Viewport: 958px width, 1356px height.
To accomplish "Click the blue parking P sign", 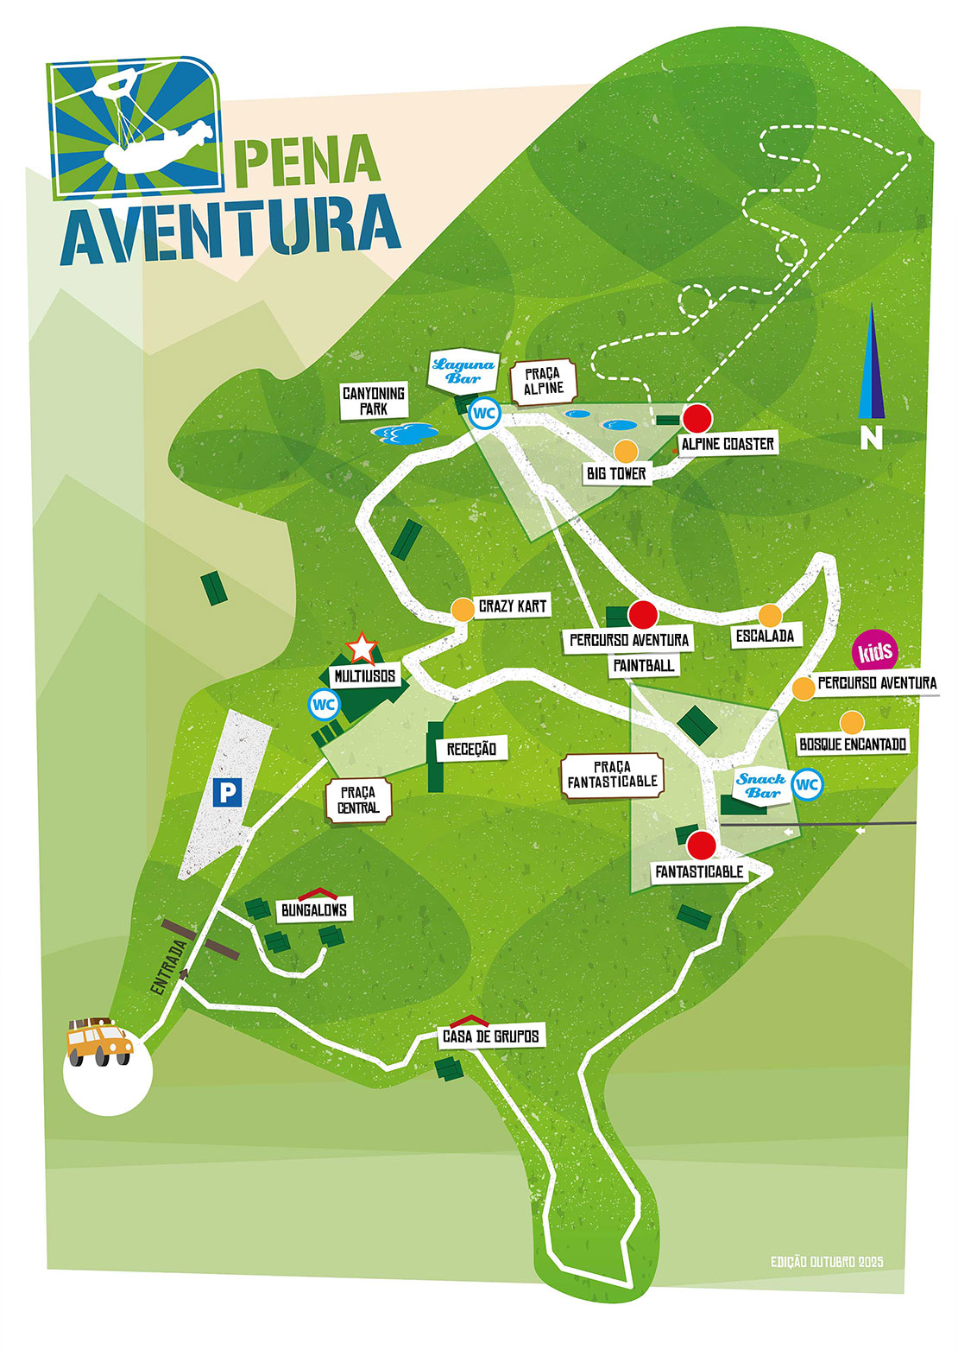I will [x=227, y=792].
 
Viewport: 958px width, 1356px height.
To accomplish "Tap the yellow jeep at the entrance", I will [x=98, y=1042].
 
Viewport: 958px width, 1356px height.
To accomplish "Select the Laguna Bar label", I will [x=463, y=371].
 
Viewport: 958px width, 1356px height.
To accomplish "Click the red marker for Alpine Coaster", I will [x=696, y=418].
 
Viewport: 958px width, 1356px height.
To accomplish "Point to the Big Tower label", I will [x=616, y=473].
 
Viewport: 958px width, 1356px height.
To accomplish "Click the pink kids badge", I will [x=874, y=651].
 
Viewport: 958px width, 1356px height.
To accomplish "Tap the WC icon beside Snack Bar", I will [x=806, y=784].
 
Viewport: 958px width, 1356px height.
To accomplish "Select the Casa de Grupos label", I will [x=490, y=1036].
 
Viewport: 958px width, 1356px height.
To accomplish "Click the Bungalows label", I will [x=314, y=909].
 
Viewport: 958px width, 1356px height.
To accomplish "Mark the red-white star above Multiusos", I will [x=362, y=647].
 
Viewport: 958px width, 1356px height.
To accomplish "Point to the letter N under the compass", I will [x=872, y=439].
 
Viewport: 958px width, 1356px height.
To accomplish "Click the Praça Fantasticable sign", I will [x=612, y=774].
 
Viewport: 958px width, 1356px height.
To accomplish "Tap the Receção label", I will [x=471, y=749].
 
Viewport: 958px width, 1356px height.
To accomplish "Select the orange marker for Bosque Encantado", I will [x=852, y=722].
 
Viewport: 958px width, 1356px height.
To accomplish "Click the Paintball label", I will [x=644, y=665].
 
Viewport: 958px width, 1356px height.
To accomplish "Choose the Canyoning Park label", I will [x=374, y=401].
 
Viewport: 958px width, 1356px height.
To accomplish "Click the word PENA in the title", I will [x=307, y=162].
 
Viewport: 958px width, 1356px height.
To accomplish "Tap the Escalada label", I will [x=765, y=636].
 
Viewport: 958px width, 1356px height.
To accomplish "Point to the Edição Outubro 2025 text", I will [x=826, y=1262].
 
